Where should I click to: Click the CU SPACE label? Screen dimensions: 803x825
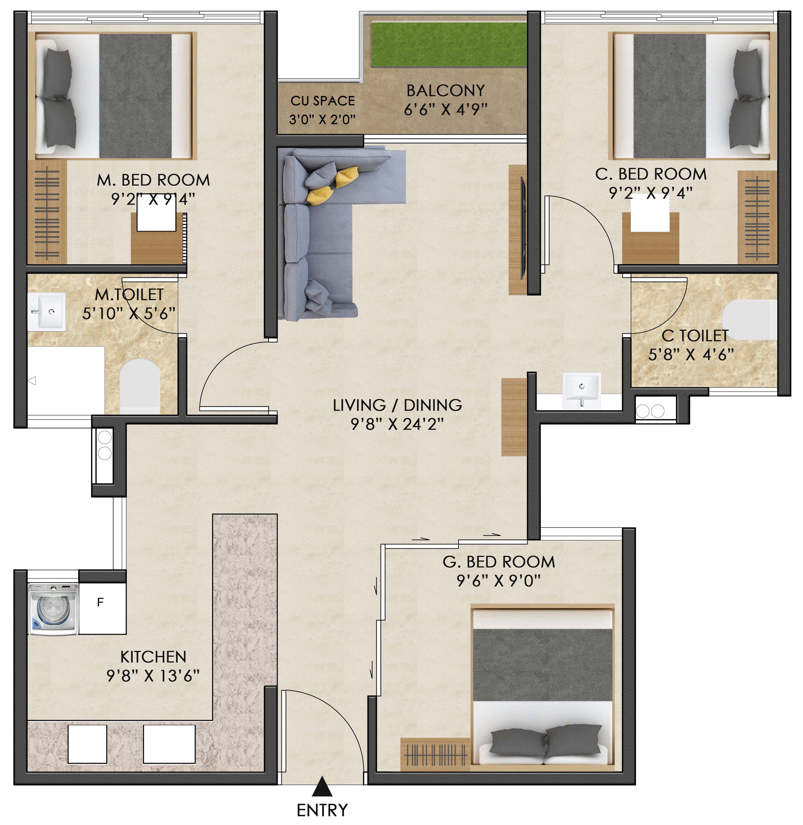click(323, 101)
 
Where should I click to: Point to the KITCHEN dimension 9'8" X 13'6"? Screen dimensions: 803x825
click(153, 676)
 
